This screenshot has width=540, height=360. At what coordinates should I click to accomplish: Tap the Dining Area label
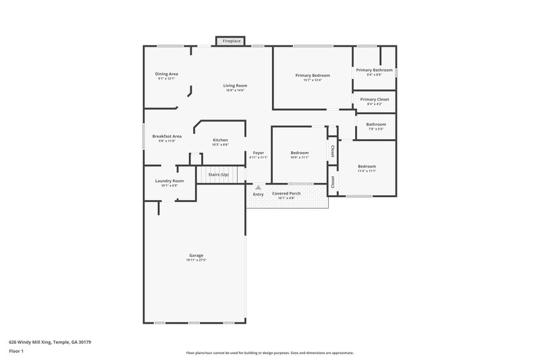pyautogui.click(x=167, y=74)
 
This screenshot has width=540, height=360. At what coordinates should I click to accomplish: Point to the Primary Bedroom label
pyautogui.click(x=313, y=75)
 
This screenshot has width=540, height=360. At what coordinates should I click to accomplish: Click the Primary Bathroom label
pyautogui.click(x=374, y=70)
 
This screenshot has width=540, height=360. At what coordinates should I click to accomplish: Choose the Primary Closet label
pyautogui.click(x=375, y=99)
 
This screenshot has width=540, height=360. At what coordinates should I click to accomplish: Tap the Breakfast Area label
pyautogui.click(x=167, y=136)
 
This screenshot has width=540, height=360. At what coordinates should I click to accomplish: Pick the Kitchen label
pyautogui.click(x=221, y=140)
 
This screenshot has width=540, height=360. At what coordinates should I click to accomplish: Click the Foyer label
pyautogui.click(x=259, y=153)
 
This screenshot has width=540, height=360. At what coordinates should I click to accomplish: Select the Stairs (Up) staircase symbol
pyautogui.click(x=220, y=175)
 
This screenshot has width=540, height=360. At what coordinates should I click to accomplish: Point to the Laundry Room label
pyautogui.click(x=169, y=181)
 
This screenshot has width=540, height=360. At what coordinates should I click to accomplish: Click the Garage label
pyautogui.click(x=196, y=255)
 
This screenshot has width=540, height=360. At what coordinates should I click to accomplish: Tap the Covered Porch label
pyautogui.click(x=286, y=193)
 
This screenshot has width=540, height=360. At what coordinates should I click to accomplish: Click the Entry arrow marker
pyautogui.click(x=257, y=186)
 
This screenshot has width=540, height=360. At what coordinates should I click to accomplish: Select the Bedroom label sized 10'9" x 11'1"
pyautogui.click(x=300, y=153)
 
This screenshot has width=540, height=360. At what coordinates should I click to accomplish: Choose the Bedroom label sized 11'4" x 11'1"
pyautogui.click(x=367, y=166)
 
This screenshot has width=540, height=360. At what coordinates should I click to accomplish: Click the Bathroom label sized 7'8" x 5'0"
pyautogui.click(x=376, y=124)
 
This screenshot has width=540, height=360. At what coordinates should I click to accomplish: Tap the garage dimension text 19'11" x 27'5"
pyautogui.click(x=196, y=260)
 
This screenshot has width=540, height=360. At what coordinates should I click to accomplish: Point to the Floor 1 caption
pyautogui.click(x=16, y=351)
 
